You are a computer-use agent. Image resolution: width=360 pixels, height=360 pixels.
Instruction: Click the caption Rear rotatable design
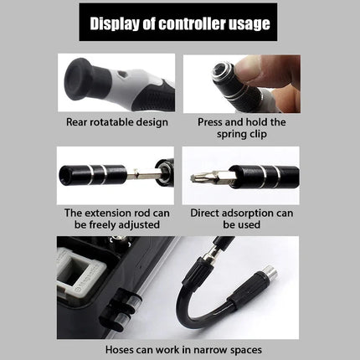(116, 121)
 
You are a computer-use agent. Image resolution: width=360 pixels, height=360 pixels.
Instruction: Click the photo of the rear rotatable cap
(116, 84)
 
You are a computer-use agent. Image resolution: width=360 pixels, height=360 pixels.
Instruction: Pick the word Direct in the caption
(207, 213)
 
